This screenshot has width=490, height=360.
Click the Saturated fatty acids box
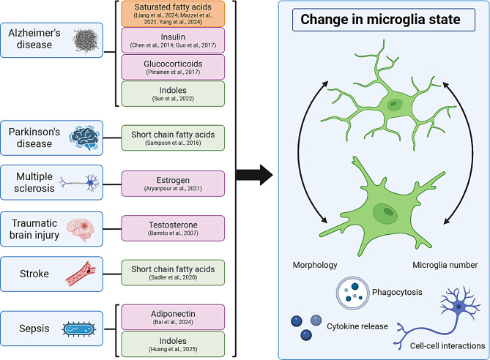pyautogui.click(x=173, y=14)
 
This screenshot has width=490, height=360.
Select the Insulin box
pyautogui.click(x=173, y=40)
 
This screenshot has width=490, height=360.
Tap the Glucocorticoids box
pyautogui.click(x=173, y=67)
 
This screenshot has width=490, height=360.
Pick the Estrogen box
pyautogui.click(x=173, y=184)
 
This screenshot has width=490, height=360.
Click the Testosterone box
pyautogui.click(x=173, y=228)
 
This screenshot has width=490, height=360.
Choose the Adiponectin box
pyautogui.click(x=173, y=318)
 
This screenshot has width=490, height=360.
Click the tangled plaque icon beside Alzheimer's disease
pyautogui.click(x=86, y=40)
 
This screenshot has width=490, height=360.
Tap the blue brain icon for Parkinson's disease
pyautogui.click(x=85, y=138)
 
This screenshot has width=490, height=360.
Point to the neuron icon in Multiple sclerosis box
pyautogui.click(x=79, y=182)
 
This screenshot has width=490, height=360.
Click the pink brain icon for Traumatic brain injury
pyautogui.click(x=81, y=230)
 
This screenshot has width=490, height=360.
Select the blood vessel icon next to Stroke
pyautogui.click(x=81, y=274)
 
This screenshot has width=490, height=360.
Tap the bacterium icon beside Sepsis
pyautogui.click(x=79, y=329)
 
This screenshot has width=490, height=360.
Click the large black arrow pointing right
pyautogui.click(x=254, y=175)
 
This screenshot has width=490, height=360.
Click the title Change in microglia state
pyautogui.click(x=380, y=19)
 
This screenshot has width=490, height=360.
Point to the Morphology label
pyautogui.click(x=315, y=265)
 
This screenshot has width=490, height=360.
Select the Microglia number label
pyautogui.click(x=445, y=265)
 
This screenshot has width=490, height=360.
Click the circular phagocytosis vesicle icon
pyautogui.click(x=353, y=293)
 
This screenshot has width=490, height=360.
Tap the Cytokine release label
pyautogui.click(x=357, y=326)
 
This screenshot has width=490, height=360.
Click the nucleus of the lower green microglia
pyautogui.click(x=385, y=214)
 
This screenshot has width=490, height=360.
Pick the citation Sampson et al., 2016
pyautogui.click(x=173, y=143)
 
